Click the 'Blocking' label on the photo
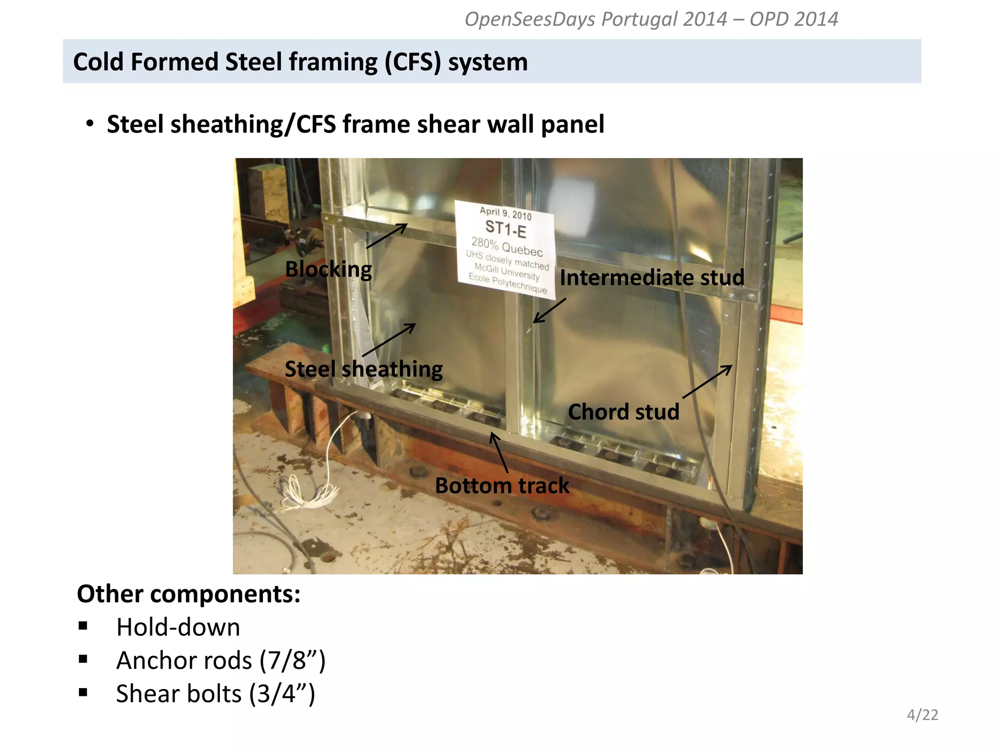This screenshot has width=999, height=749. (x=328, y=269)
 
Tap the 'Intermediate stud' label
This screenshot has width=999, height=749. (x=652, y=277)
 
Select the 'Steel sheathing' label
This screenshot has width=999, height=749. (x=363, y=369)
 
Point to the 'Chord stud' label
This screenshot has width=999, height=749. (x=623, y=412)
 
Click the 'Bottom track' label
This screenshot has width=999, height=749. (x=502, y=486)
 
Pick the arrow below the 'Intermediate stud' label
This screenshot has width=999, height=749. (x=550, y=311)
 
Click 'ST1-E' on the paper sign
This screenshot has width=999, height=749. (x=506, y=229)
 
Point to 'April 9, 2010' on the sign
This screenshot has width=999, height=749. (x=505, y=213)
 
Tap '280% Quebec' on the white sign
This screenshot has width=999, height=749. (x=507, y=246)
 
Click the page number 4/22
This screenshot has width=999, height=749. (x=922, y=715)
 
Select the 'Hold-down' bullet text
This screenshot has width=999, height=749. (x=178, y=627)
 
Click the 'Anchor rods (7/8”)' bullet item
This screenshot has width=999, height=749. (x=220, y=660)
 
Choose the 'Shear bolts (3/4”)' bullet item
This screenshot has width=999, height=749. (x=215, y=693)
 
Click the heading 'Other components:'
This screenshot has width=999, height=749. (x=188, y=594)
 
